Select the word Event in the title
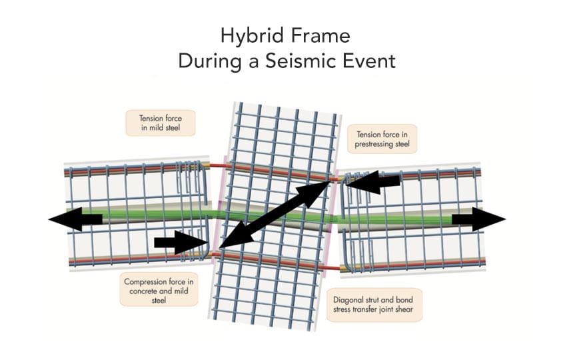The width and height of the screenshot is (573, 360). tap(369, 61)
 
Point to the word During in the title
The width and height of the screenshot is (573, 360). tap(210, 61)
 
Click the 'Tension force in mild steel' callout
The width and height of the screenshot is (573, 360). tap(161, 123)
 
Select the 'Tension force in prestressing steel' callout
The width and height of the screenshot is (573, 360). tap(382, 139)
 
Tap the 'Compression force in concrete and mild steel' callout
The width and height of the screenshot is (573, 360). tap(159, 291)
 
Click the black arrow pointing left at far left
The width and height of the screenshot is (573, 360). tap(75, 219)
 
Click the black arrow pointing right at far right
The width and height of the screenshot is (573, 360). tap(478, 219)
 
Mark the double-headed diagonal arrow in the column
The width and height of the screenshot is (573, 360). tap(275, 215)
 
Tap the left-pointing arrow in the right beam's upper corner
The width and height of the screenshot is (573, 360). tap(372, 182)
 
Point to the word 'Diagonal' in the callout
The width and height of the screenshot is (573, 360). tap(347, 300)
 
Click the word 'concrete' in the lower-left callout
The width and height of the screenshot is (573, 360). tap(144, 291)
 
